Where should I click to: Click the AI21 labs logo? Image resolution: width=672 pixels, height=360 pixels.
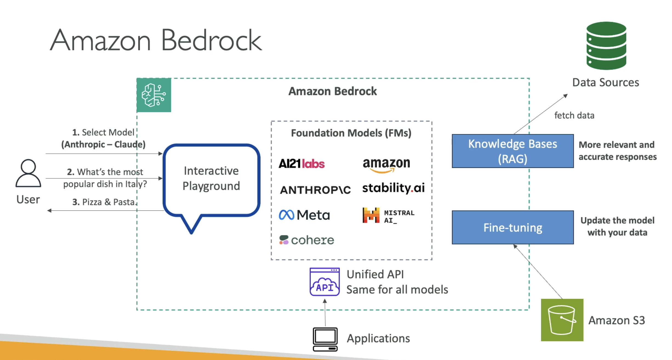301,164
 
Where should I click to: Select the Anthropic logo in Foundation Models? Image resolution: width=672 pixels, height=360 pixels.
315,190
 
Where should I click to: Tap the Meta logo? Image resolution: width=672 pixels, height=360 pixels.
304,215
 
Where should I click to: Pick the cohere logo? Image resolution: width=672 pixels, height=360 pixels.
306,240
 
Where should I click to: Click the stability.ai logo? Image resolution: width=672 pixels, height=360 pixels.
393,188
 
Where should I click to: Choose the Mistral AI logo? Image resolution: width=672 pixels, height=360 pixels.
388,216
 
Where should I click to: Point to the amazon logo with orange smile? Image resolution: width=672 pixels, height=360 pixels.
386,165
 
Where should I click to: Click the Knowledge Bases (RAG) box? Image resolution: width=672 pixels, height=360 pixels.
512,151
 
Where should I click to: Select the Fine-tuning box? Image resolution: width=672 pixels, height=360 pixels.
512,227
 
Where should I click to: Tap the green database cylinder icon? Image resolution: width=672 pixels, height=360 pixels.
606,46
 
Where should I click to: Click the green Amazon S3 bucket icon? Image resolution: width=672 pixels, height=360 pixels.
562,320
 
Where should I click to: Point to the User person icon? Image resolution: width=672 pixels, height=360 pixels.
28,173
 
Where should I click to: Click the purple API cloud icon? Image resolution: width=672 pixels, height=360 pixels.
324,282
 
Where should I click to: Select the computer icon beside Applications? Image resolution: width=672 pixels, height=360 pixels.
325,339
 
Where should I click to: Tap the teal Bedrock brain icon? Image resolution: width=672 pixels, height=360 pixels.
154,95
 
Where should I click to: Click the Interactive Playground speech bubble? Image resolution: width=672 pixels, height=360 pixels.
211,181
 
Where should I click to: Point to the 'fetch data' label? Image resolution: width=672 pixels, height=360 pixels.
574,115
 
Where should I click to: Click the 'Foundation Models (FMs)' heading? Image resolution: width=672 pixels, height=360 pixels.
351,133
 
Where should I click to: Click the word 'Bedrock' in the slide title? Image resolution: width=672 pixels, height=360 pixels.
211,41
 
